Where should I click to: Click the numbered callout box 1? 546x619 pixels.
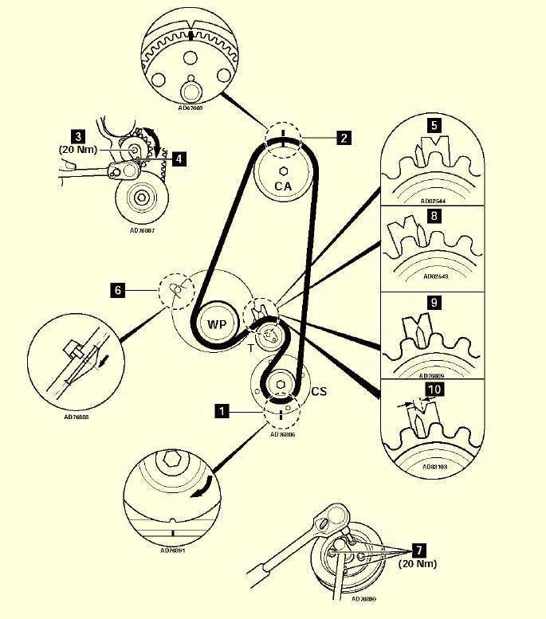222,411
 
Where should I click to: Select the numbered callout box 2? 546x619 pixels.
343,138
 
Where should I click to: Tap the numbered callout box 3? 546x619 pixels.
78,135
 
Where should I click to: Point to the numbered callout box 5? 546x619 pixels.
434,125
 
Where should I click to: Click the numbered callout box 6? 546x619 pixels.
118,291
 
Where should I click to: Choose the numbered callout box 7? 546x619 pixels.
419,550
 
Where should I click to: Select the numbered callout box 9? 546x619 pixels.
434,303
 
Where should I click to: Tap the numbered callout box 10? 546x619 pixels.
434,390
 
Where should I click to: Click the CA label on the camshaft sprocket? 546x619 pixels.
284,186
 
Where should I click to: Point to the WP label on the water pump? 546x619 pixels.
217,325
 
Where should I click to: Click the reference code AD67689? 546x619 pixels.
191,107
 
